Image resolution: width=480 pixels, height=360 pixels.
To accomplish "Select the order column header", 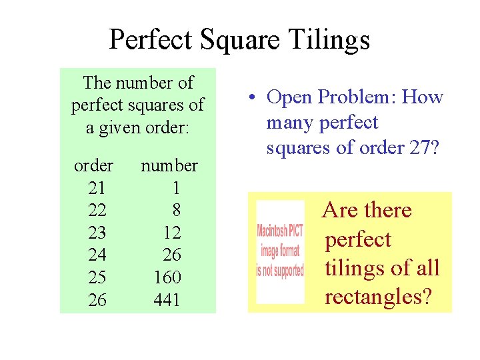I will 93,165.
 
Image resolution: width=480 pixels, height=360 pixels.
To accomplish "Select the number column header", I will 169,165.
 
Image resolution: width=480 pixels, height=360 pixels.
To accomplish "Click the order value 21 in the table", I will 97,187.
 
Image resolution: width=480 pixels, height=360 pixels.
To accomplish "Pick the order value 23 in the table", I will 97,233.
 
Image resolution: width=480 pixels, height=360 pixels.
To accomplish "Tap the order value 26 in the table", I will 97,301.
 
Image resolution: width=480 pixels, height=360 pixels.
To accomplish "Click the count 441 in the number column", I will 167,301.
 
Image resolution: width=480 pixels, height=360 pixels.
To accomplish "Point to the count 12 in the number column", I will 172,233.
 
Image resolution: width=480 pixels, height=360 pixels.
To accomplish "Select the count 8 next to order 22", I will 176,210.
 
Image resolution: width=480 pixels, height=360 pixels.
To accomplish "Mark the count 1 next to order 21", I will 176,187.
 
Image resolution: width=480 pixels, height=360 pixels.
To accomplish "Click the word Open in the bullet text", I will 289,97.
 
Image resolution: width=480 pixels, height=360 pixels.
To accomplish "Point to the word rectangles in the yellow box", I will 377,297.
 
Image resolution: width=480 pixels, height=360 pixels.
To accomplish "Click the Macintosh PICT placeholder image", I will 280,251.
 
